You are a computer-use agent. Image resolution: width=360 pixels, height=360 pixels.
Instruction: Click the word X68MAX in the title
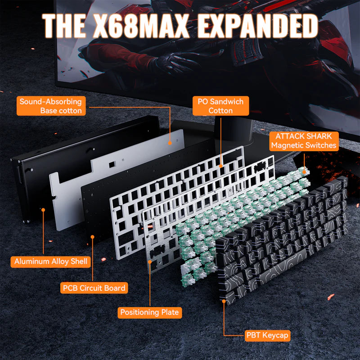coord(140,26)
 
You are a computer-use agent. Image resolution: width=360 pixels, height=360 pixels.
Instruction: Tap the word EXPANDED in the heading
coord(257,26)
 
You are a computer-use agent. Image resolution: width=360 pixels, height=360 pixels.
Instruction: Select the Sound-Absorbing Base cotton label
coord(51,106)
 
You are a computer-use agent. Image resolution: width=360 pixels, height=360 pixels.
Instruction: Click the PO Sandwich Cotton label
coord(220,106)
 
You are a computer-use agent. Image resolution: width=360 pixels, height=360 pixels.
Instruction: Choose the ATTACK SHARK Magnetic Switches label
coord(304,141)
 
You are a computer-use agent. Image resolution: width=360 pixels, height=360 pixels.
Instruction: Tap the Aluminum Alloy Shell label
coord(50,262)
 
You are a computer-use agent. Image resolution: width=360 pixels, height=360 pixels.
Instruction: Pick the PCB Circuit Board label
coord(94,288)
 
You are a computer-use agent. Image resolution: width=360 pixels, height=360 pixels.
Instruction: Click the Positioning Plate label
coord(150,312)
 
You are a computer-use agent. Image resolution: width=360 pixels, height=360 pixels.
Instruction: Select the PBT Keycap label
coord(267,335)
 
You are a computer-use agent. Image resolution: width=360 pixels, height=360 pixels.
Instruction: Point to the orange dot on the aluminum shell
coord(43,210)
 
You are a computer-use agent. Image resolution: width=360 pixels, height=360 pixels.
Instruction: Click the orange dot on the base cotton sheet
coord(170,143)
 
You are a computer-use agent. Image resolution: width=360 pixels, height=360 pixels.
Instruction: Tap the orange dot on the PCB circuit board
coord(93,237)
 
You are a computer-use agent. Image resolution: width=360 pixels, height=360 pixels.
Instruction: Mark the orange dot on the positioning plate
coord(150,261)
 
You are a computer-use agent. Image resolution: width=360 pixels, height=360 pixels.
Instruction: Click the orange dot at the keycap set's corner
coord(224,301)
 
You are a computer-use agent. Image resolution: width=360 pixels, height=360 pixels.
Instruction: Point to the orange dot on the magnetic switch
coord(305,171)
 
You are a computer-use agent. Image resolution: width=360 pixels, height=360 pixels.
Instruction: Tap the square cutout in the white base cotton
coord(112,164)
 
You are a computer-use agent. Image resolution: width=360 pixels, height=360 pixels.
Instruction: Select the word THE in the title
coord(65,26)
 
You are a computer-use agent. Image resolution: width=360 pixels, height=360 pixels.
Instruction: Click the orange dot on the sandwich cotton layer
coord(220,166)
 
